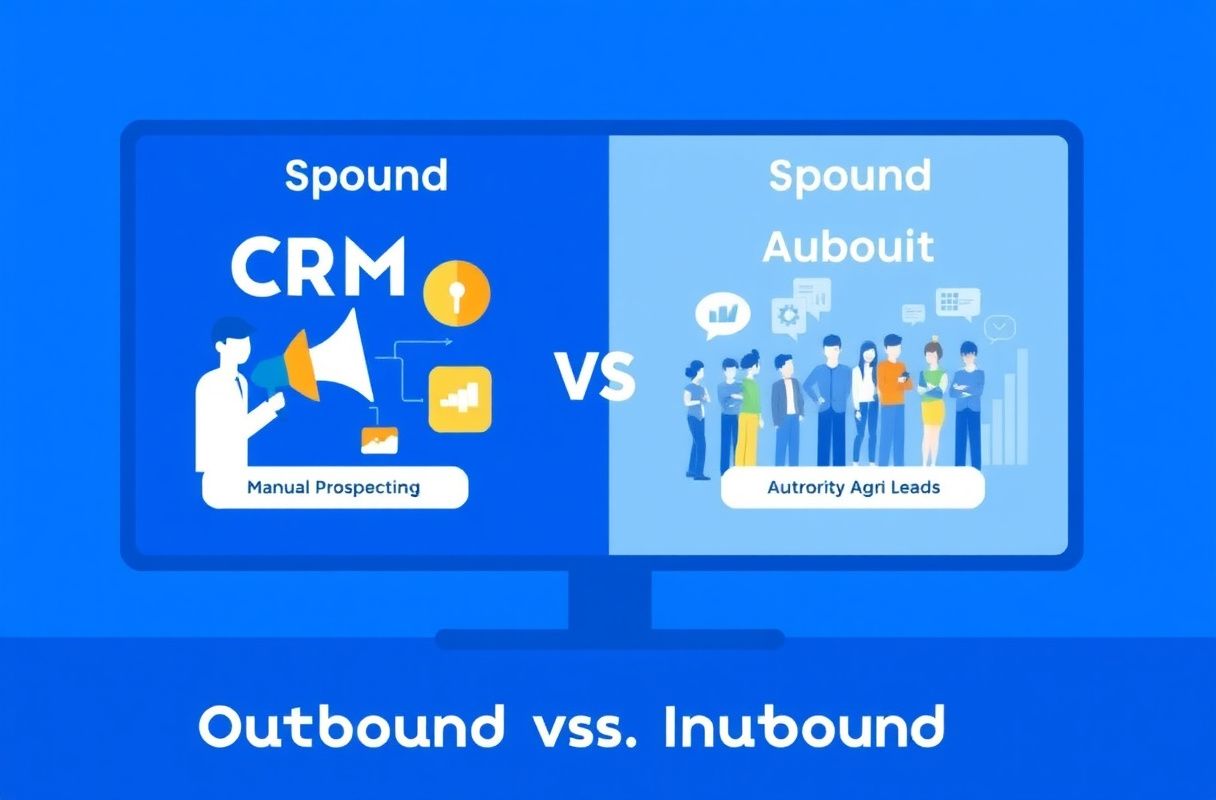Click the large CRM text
pos(318,266)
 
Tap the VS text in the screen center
pos(596,376)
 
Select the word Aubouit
pos(848,247)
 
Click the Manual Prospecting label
pos(333,487)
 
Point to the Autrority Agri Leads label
pos(853,487)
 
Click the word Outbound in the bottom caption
pos(351,726)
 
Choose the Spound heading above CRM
pos(366,176)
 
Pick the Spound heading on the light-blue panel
pos(850,176)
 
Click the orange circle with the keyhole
pos(457,293)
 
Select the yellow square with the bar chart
pos(460,399)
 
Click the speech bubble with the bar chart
pos(723,316)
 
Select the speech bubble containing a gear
pos(789,317)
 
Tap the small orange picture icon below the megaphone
pos(379,440)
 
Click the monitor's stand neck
pos(610,601)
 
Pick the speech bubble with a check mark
pos(999,328)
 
